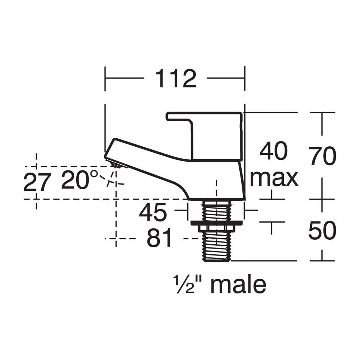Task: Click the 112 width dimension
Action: [x=175, y=79]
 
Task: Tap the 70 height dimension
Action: [x=323, y=156]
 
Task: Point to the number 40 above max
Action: [x=273, y=151]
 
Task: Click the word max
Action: [x=274, y=178]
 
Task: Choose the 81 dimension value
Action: [x=159, y=239]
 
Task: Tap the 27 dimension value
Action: [x=37, y=182]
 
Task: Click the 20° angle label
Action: [x=80, y=181]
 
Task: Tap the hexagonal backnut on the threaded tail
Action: [x=217, y=228]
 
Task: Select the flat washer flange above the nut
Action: [x=217, y=222]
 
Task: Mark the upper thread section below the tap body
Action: [x=217, y=211]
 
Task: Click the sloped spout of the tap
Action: [x=149, y=161]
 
